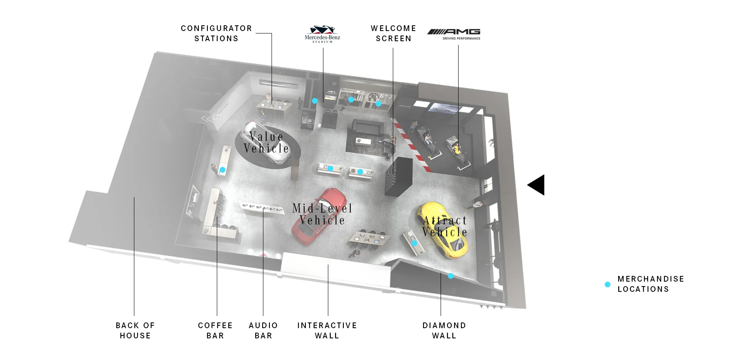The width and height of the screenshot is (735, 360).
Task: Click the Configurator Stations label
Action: click(x=216, y=33)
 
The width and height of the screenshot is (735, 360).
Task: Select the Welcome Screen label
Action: click(x=394, y=33)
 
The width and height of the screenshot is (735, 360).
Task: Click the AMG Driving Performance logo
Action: click(x=454, y=34)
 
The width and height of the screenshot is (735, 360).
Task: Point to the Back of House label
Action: click(x=135, y=331)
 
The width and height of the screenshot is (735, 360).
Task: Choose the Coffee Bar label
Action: click(x=215, y=331)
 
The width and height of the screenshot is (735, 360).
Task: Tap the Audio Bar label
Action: click(x=263, y=331)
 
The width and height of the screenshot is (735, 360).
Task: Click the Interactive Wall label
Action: click(x=327, y=331)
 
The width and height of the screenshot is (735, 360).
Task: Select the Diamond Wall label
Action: click(x=444, y=331)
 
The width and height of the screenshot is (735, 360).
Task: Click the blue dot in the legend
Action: click(x=608, y=284)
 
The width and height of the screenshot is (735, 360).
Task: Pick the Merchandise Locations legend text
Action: click(x=651, y=284)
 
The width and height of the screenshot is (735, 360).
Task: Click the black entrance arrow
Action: click(x=536, y=185)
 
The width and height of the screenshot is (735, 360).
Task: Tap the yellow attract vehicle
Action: click(x=443, y=230)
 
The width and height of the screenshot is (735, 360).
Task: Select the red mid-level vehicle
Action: click(x=319, y=216)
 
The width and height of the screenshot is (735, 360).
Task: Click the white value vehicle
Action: click(x=265, y=142)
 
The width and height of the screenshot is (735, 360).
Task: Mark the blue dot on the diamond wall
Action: click(x=451, y=276)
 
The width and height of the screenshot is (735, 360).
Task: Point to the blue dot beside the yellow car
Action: click(x=414, y=243)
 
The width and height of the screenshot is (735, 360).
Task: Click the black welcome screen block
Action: click(x=399, y=177)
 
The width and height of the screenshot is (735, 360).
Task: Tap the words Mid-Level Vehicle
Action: click(x=322, y=214)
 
